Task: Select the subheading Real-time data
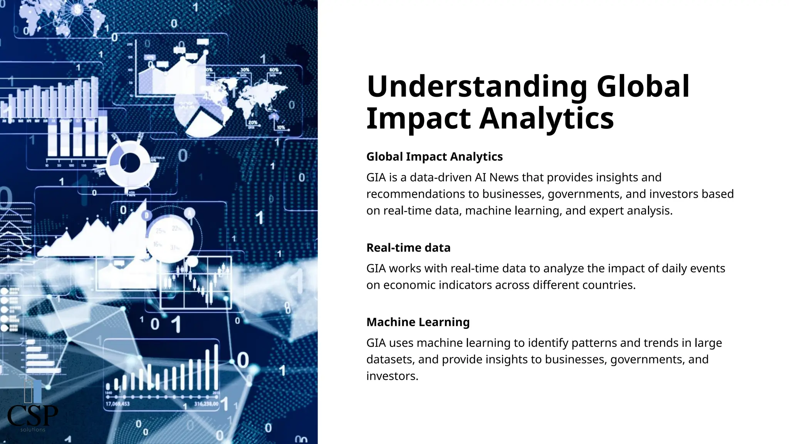coord(408,247)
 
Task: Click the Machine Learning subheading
coord(418,322)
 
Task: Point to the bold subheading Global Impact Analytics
coord(434,156)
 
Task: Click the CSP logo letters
coord(32,415)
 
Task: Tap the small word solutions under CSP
coord(33,429)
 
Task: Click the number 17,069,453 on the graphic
coord(118,404)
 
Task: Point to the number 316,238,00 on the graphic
coord(206,404)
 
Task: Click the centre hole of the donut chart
coord(130,163)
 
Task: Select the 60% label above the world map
coord(274,70)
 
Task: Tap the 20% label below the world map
coord(253,123)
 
